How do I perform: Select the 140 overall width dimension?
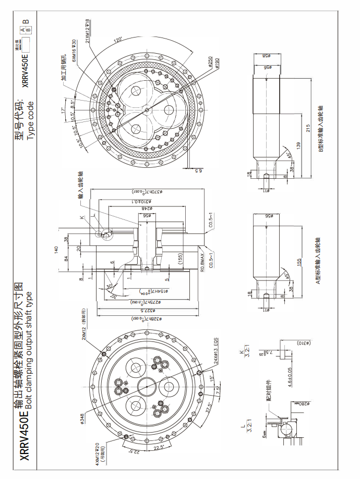point(56,249)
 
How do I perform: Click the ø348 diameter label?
point(82,418)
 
